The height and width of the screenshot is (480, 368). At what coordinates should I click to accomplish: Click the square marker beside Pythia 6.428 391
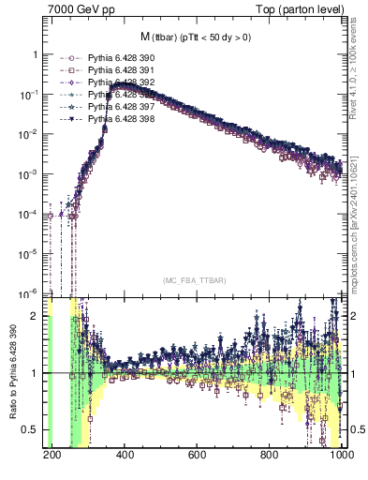click(66, 70)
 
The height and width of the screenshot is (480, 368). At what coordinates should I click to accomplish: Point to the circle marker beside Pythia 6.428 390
click(66, 58)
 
